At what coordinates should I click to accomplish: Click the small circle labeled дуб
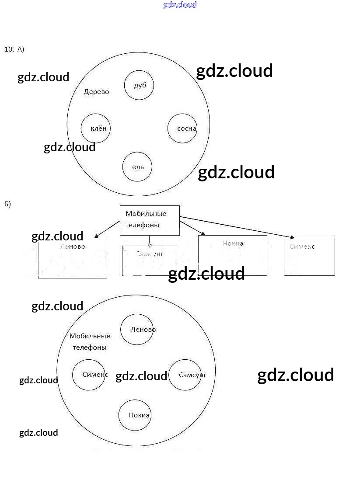(x=139, y=85)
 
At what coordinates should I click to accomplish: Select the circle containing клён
(x=95, y=128)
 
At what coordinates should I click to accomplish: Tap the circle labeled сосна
(x=182, y=128)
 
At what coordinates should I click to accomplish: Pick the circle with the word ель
(x=137, y=167)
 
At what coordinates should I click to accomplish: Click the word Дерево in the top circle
(x=96, y=92)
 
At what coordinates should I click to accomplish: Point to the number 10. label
(x=9, y=49)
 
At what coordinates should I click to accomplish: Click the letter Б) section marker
(x=7, y=204)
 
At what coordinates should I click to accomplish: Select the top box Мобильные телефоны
(x=150, y=220)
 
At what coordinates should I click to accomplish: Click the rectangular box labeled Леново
(x=73, y=258)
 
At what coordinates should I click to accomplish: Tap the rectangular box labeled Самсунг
(x=150, y=261)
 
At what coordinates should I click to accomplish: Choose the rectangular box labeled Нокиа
(x=232, y=255)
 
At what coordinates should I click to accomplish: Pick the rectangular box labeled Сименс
(x=309, y=257)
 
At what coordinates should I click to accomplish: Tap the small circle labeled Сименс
(x=89, y=375)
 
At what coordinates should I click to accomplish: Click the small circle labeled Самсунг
(x=185, y=375)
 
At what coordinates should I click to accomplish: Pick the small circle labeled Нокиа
(x=135, y=415)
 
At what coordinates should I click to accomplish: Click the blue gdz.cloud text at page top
(x=180, y=5)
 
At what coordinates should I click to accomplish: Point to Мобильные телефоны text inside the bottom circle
(x=90, y=341)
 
